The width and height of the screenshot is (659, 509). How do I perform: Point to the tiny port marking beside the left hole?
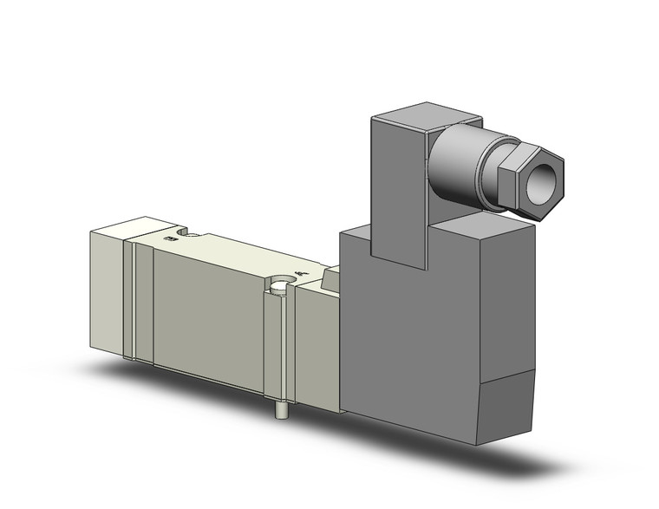(167, 236)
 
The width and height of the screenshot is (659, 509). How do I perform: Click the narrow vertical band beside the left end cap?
(129, 299)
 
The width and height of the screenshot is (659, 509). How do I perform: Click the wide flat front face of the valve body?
(208, 308)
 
